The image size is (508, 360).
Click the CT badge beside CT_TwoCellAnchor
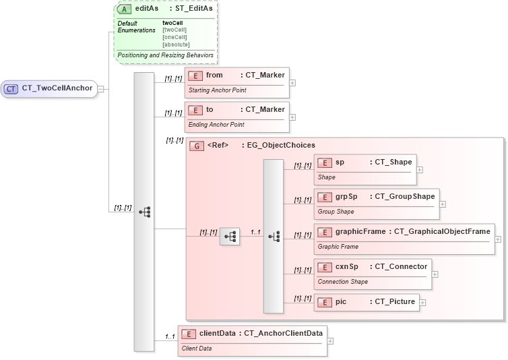(x=11, y=88)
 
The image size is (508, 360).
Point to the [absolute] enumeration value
(x=176, y=44)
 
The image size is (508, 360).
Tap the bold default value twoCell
(x=173, y=23)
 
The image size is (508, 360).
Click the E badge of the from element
(x=195, y=76)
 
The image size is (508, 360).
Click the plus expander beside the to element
(x=292, y=117)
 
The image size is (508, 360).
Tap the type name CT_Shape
(x=391, y=162)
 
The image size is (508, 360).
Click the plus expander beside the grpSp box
(x=443, y=204)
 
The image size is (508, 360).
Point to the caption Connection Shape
(x=343, y=282)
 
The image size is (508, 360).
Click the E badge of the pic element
(x=325, y=301)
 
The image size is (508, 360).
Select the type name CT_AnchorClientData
(x=283, y=332)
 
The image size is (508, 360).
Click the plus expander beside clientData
(x=330, y=340)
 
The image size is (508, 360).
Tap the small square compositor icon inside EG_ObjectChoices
(x=230, y=236)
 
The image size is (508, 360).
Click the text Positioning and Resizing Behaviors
(x=165, y=55)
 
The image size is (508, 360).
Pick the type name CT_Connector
(x=400, y=267)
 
